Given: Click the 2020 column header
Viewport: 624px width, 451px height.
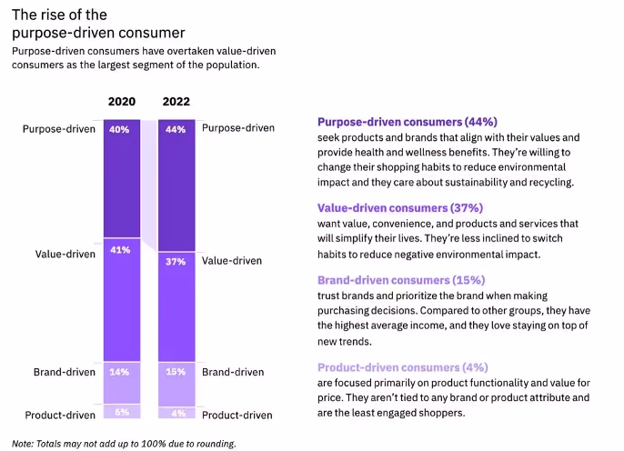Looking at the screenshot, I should (x=122, y=101).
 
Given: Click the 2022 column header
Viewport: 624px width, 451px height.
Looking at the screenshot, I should (x=176, y=101).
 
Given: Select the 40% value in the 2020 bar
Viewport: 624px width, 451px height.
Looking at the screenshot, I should (x=120, y=129).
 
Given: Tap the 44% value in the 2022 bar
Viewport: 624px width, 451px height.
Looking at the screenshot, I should (x=176, y=129).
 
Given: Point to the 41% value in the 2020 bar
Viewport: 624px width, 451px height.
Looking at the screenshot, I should (x=120, y=249).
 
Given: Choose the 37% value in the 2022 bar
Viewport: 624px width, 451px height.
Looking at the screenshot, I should (x=176, y=261).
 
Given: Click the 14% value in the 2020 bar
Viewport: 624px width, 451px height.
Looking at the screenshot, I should (x=120, y=372).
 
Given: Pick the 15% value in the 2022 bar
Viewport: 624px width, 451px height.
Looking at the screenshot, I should (x=176, y=372).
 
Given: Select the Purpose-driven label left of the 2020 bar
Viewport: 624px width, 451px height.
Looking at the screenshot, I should (x=59, y=129).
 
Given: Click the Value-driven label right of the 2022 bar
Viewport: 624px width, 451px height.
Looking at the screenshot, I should (x=232, y=261).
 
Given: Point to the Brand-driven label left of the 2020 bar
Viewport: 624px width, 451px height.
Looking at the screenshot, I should (x=64, y=372).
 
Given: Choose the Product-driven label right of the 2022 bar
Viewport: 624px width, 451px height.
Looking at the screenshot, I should (x=237, y=416).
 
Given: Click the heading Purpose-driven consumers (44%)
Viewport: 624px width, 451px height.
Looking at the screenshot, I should (x=407, y=122).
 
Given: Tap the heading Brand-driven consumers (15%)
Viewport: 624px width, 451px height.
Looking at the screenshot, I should (x=400, y=280).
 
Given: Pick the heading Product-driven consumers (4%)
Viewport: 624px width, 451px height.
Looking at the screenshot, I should (x=403, y=367).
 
